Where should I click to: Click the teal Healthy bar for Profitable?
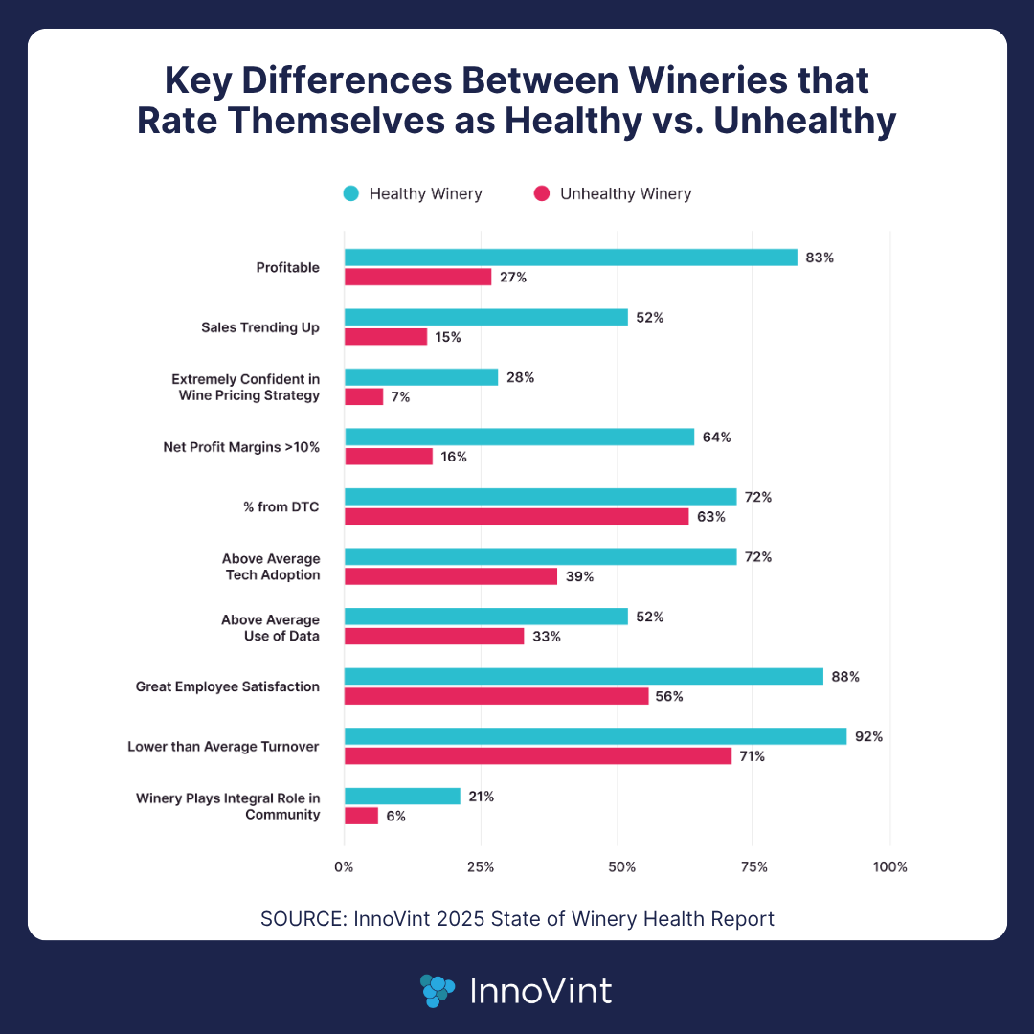[571, 258]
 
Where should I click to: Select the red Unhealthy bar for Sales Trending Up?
[386, 337]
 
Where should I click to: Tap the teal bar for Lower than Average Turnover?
[596, 736]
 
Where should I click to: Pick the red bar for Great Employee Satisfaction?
[496, 696]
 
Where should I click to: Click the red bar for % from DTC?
[516, 517]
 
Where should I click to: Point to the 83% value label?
[820, 258]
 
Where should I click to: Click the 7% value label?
[400, 397]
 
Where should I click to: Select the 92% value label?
[869, 736]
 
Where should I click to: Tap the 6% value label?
[396, 816]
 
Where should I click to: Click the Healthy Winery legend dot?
[351, 194]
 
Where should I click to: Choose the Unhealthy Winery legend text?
[625, 194]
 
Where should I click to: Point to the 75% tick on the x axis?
[754, 867]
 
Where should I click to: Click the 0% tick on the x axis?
[344, 867]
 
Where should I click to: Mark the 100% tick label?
[889, 867]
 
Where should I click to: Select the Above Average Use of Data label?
[271, 628]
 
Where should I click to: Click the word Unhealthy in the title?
[790, 123]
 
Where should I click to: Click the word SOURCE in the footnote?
[297, 919]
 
